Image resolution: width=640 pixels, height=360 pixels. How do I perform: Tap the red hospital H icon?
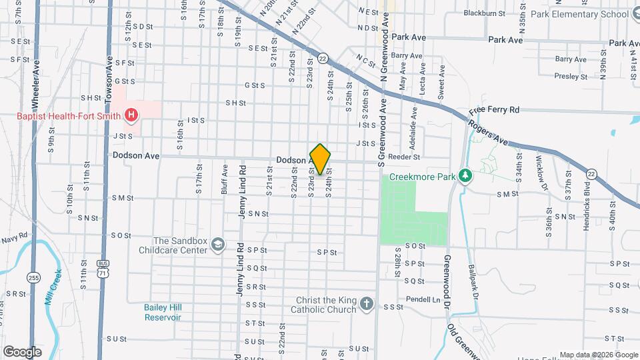[131, 115]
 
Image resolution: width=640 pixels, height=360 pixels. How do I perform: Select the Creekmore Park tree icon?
[466, 176]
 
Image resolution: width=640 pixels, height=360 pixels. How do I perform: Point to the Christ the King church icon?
[366, 305]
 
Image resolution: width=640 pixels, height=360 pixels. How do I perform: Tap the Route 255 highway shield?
[33, 277]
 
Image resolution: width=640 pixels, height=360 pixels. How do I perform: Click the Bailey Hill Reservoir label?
[163, 312]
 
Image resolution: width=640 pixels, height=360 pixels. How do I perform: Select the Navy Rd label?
[14, 237]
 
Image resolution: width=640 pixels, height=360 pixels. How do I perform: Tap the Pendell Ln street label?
[423, 300]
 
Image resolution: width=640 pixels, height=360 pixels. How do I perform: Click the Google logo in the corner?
[22, 351]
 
